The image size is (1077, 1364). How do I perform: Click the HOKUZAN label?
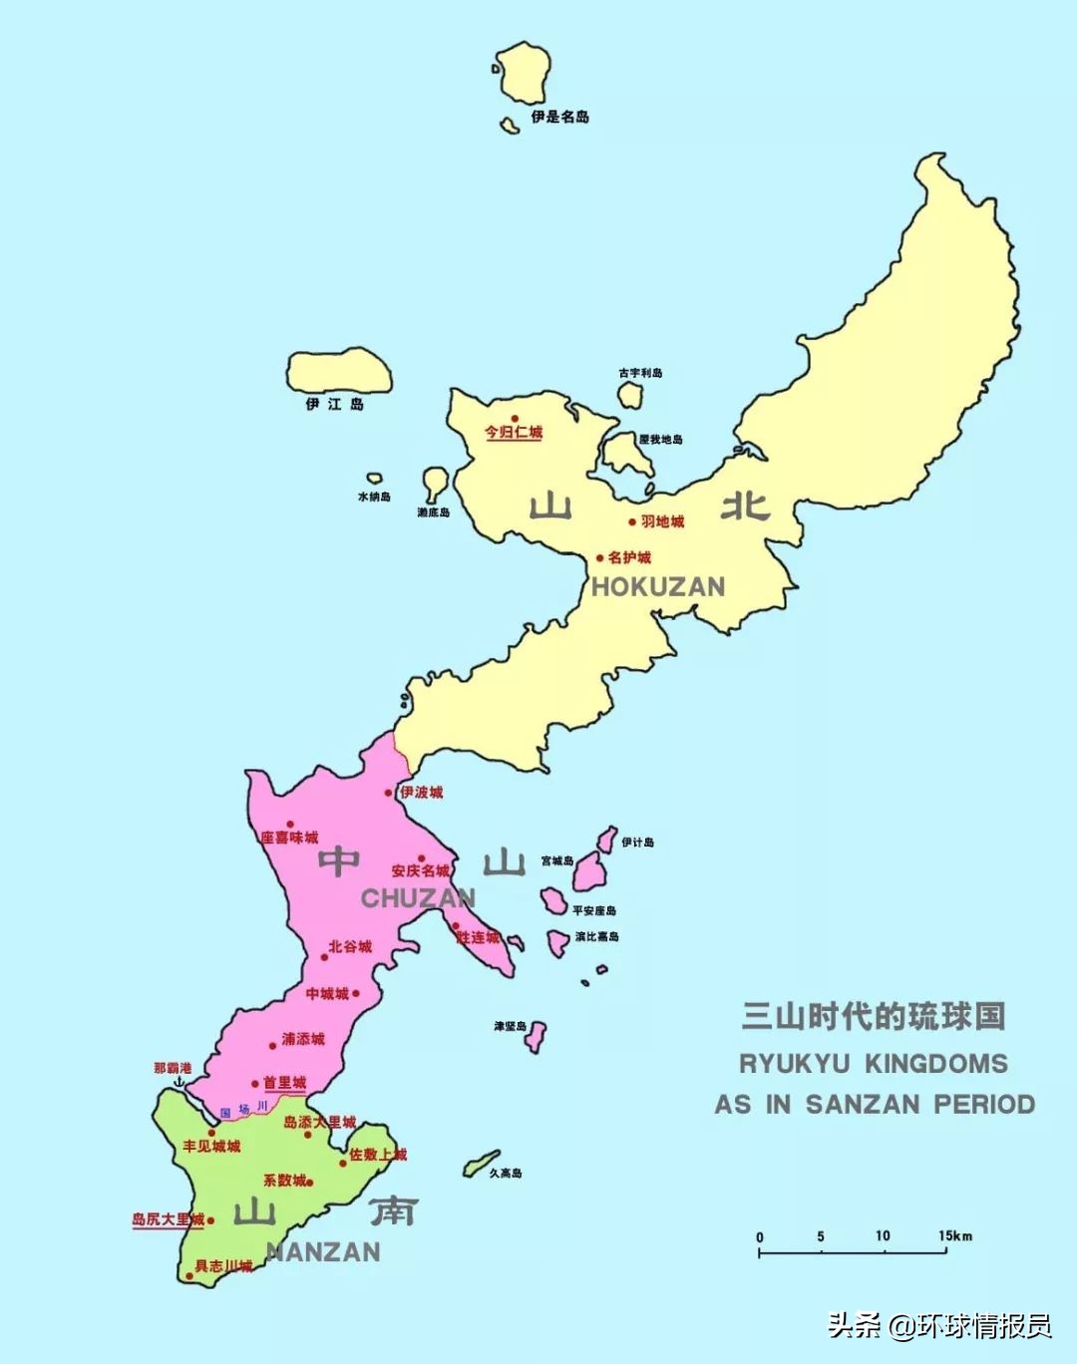click(658, 586)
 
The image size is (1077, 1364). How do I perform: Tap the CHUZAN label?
click(418, 898)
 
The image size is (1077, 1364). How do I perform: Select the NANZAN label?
click(324, 1252)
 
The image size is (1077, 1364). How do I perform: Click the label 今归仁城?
click(514, 433)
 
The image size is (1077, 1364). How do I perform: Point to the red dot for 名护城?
click(600, 558)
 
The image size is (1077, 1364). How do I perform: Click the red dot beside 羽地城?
click(632, 521)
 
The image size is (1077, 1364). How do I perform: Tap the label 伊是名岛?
click(559, 117)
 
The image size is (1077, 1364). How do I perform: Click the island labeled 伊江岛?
click(339, 371)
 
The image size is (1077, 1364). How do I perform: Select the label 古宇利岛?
click(640, 373)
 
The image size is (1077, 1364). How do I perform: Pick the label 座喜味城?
click(290, 838)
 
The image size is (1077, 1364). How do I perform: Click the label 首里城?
click(284, 1083)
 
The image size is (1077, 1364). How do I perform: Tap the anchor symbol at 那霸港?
click(180, 1082)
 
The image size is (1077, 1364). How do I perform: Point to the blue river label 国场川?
click(243, 1109)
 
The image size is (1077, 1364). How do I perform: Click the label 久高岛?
click(506, 1174)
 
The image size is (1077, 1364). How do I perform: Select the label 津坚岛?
click(510, 1026)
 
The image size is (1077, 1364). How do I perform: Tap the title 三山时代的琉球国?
click(874, 1016)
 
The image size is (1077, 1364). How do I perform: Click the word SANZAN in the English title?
click(864, 1105)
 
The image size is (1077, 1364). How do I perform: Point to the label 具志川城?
click(223, 1266)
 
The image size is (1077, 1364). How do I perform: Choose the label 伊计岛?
click(638, 843)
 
